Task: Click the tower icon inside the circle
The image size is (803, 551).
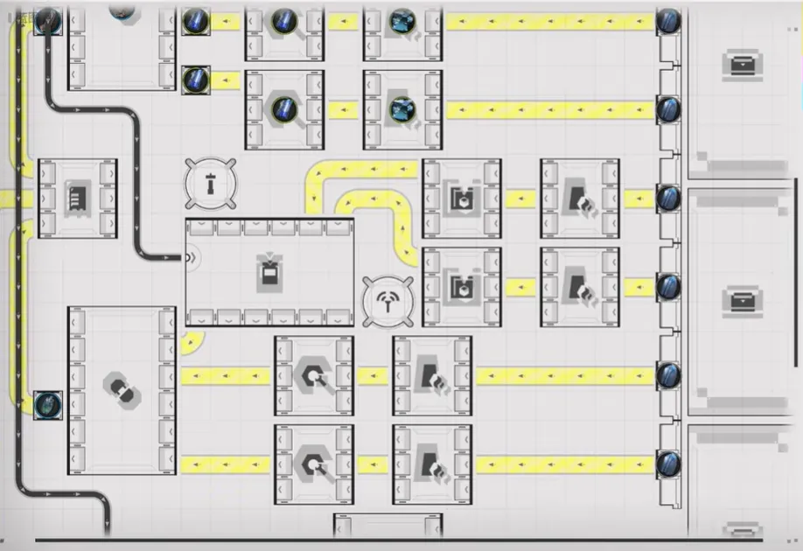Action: click(211, 184)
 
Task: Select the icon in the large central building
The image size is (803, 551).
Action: click(269, 272)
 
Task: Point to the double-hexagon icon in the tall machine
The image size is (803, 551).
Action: click(122, 390)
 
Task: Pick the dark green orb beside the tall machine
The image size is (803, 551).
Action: click(47, 404)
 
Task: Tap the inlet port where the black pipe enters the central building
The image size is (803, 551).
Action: click(189, 257)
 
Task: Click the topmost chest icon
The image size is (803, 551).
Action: click(742, 64)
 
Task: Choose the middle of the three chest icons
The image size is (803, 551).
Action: click(742, 301)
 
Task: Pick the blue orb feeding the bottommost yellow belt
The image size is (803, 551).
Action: click(668, 463)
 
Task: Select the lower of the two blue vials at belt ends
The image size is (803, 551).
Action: click(195, 80)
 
